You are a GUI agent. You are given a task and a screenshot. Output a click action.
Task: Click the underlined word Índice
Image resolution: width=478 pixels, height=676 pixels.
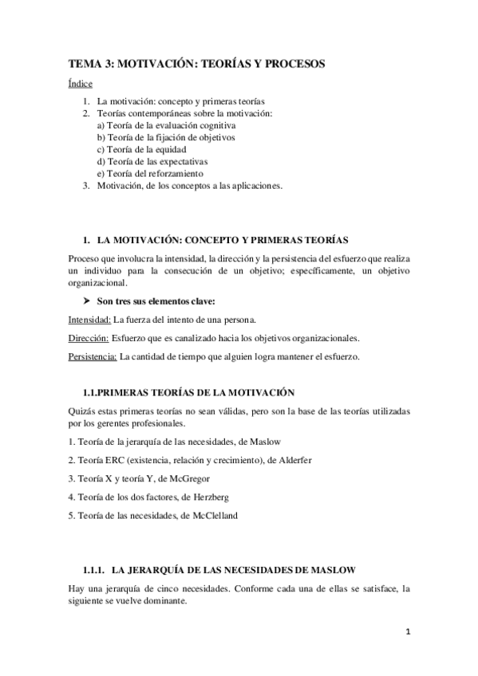80,84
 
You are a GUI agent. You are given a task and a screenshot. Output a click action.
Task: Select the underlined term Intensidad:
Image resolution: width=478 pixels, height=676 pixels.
89,320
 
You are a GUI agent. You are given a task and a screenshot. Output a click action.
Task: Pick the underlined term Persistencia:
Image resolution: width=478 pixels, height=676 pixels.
93,356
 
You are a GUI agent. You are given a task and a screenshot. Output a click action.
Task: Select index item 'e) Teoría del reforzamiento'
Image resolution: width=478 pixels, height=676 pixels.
149,173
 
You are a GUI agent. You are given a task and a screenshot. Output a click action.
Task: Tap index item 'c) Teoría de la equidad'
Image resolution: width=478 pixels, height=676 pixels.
141,149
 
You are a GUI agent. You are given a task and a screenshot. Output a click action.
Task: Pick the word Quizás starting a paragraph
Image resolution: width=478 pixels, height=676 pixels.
81,411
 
